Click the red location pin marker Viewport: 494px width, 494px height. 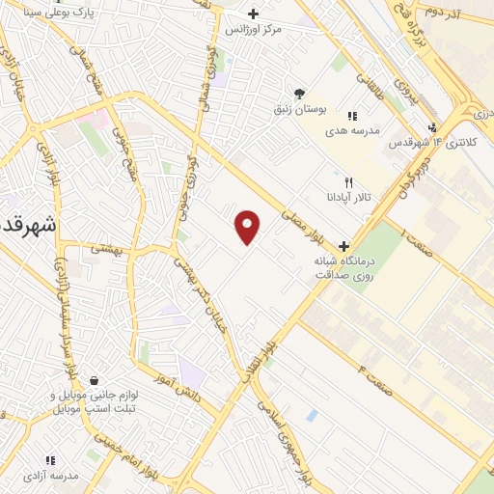click(249, 227)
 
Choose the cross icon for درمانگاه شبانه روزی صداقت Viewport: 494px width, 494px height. click(343, 246)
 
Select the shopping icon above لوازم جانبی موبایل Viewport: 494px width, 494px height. click(94, 381)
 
